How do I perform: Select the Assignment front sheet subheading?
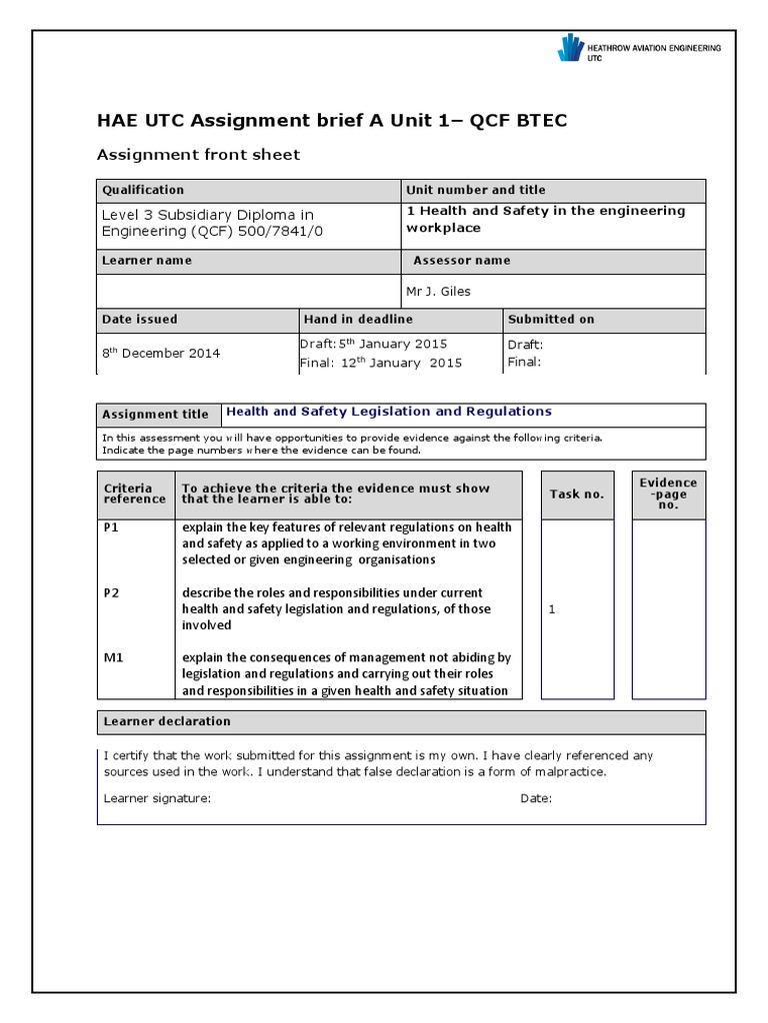click(x=197, y=155)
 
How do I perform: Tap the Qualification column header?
click(x=143, y=190)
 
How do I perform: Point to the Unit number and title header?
click(x=476, y=190)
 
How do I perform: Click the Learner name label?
click(x=147, y=261)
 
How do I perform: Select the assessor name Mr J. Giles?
click(x=438, y=292)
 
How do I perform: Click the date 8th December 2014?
click(x=161, y=353)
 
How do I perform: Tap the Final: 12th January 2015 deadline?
click(x=381, y=363)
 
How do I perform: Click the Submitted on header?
click(x=551, y=320)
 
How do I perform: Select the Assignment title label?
click(x=156, y=415)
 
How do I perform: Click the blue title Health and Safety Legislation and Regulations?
click(x=389, y=412)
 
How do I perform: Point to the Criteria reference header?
click(x=128, y=494)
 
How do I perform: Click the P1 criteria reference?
click(x=111, y=527)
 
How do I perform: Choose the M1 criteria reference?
click(x=112, y=657)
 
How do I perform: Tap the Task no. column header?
click(x=577, y=495)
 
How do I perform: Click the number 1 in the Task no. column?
click(x=552, y=609)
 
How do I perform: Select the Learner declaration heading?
click(x=167, y=721)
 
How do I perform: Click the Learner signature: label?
click(x=157, y=798)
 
